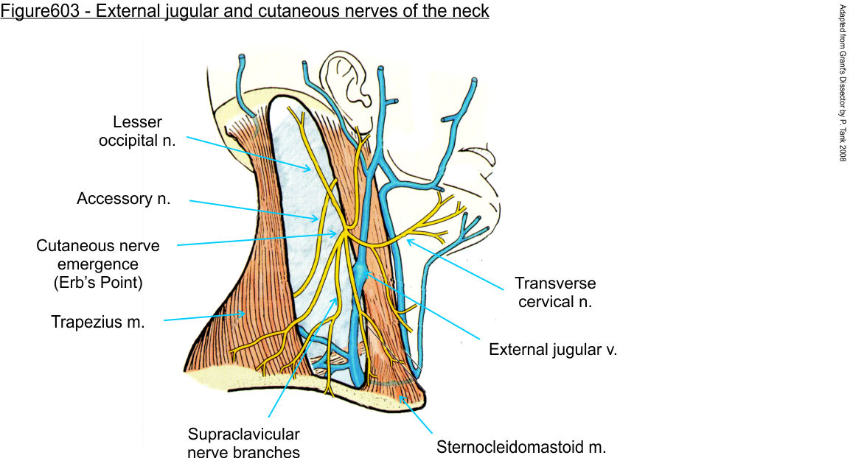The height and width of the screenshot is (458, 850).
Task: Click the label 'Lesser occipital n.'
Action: coord(137,130)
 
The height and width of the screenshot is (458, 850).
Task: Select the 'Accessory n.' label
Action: coord(124,199)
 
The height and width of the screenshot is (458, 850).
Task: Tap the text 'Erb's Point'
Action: coord(97,282)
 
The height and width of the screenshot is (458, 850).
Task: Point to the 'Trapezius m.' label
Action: coord(97,322)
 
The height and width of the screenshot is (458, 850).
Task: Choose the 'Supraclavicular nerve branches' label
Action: coord(244,442)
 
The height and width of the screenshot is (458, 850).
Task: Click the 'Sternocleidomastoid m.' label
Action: coord(521,446)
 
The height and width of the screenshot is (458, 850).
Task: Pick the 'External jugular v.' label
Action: coord(553,350)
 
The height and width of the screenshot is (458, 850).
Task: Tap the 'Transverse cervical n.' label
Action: coord(555,292)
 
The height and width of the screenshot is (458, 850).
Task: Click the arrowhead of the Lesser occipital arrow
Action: coord(310,170)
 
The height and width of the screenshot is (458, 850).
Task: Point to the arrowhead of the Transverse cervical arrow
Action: coord(407,240)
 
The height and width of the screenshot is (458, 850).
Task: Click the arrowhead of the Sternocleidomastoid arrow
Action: coord(402,398)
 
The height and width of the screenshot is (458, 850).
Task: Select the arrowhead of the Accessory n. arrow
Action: coord(318,219)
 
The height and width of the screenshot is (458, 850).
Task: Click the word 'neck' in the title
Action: coord(472,13)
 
